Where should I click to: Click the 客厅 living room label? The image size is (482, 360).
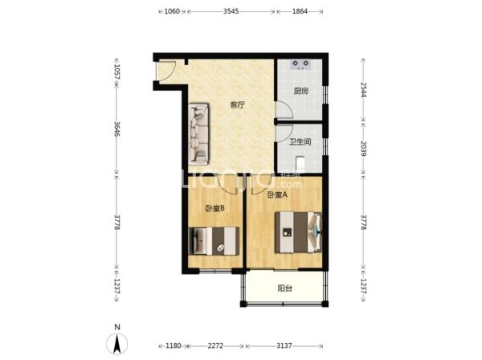238,105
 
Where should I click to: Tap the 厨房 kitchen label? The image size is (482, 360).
300,91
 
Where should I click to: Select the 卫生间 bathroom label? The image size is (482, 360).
300,141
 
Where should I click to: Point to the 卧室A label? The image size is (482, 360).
278,195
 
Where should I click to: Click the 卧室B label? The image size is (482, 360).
214,208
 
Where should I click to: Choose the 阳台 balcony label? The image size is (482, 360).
284,288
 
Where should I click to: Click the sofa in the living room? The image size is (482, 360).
199,133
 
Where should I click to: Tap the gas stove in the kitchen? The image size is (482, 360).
300,64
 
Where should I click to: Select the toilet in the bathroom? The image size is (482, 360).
300,165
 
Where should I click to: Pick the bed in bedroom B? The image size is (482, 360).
214,241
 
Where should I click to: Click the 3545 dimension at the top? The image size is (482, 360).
231,11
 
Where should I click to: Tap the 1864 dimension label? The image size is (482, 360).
300,11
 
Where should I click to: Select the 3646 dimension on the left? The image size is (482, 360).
116,129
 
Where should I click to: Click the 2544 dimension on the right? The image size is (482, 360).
363,89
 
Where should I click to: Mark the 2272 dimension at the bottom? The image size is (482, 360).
215,346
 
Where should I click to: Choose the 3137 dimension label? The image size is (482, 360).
284,346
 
